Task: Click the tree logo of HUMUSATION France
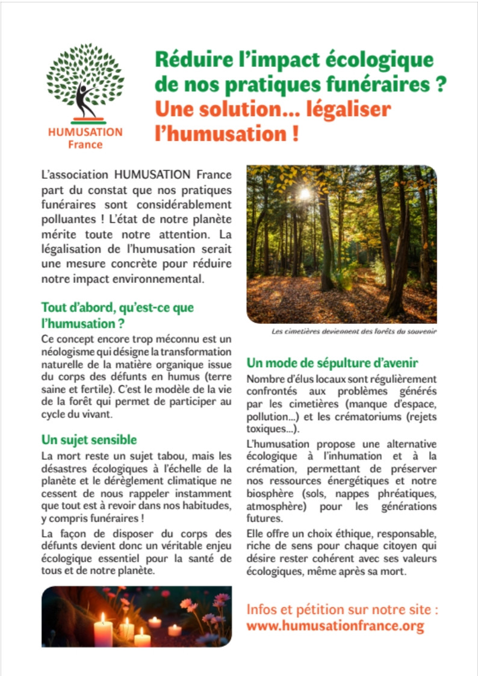tap(85, 81)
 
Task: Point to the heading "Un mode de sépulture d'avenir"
tap(333, 364)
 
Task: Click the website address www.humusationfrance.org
tap(335, 626)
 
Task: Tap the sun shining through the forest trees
tap(305, 194)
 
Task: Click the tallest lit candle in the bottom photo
tap(103, 629)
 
